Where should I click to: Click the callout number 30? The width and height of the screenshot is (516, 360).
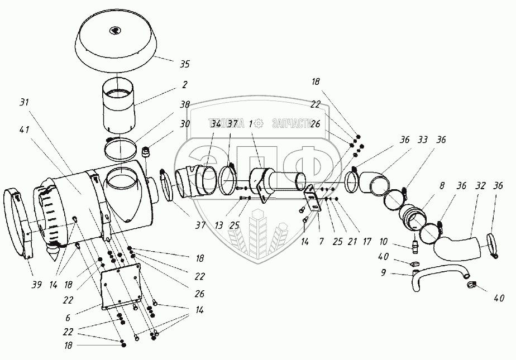click(184, 124)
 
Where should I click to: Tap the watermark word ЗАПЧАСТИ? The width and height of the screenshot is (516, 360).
click(292, 124)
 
